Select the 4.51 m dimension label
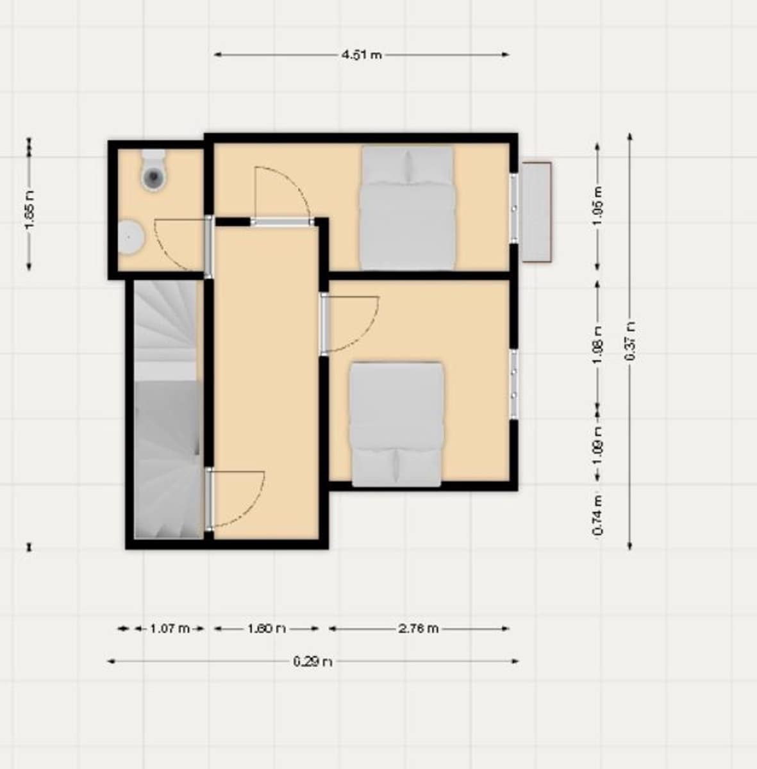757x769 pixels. (x=362, y=55)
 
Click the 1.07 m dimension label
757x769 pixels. (x=169, y=629)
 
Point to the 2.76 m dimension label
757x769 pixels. (x=419, y=629)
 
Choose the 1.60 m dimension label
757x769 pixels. (x=266, y=629)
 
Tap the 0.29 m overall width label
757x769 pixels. (x=313, y=661)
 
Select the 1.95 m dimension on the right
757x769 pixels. (x=597, y=206)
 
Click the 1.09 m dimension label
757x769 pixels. (x=597, y=440)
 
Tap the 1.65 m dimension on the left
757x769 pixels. (x=29, y=203)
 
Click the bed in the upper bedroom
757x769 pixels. (x=407, y=208)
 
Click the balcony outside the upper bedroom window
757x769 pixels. (x=536, y=212)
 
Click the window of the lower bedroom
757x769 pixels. (x=513, y=384)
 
